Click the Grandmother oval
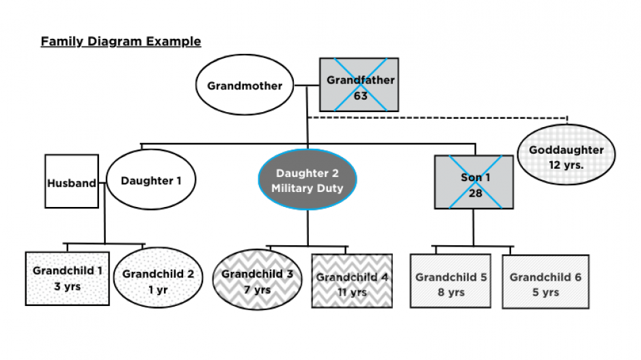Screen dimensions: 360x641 click(245, 86)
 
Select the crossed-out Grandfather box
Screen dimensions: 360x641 click(359, 84)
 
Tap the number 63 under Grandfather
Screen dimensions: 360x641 click(361, 96)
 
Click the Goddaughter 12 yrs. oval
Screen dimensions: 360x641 click(566, 156)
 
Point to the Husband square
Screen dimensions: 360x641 click(71, 182)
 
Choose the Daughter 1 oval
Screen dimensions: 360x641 click(150, 180)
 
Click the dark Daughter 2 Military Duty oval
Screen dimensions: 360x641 click(308, 180)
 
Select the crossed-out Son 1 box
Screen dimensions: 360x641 click(474, 182)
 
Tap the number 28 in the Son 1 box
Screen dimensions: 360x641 click(474, 193)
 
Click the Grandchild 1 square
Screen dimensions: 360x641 click(67, 278)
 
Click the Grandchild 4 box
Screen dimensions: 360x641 click(352, 281)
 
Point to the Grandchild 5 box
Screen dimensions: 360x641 click(450, 281)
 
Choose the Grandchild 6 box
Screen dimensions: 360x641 click(545, 281)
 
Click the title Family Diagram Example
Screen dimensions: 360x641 click(121, 42)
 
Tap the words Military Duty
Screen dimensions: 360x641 click(308, 188)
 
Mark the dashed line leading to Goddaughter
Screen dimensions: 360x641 click(437, 117)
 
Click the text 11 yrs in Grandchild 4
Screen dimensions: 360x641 click(352, 292)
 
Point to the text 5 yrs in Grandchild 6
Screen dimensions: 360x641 click(545, 292)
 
